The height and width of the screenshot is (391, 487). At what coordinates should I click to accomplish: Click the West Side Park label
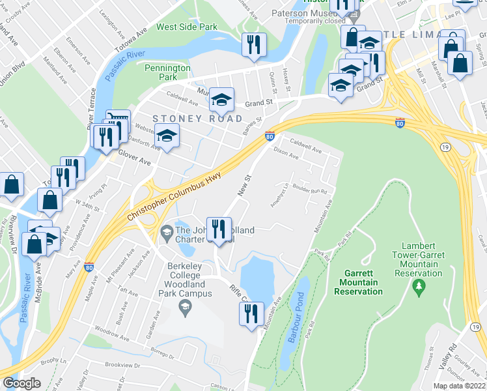pyautogui.click(x=186, y=28)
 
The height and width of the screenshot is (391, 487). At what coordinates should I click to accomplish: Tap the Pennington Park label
pyautogui.click(x=167, y=72)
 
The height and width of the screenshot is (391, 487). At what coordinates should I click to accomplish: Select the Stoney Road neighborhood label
pyautogui.click(x=197, y=119)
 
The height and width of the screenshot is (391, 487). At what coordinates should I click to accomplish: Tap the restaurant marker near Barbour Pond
pyautogui.click(x=251, y=314)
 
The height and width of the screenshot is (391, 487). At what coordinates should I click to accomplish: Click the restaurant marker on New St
pyautogui.click(x=219, y=229)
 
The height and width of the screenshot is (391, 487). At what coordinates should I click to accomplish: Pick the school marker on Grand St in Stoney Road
pyautogui.click(x=221, y=100)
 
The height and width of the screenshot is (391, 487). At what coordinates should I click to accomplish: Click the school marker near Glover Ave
pyautogui.click(x=167, y=136)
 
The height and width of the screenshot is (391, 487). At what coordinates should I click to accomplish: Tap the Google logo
pyautogui.click(x=21, y=383)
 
